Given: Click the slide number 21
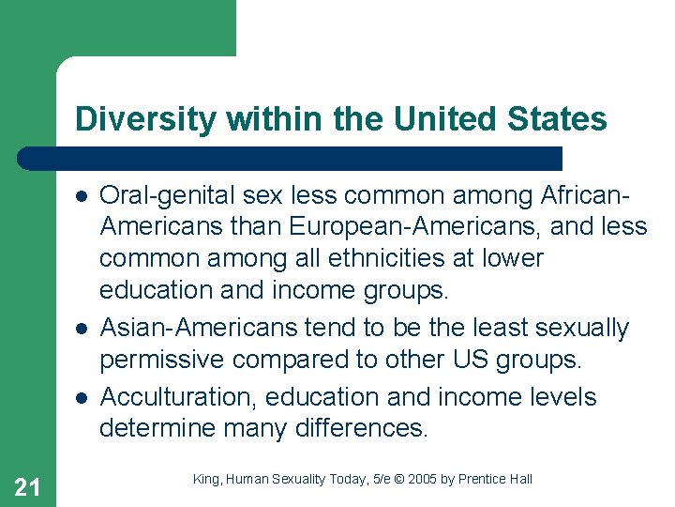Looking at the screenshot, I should (x=28, y=485).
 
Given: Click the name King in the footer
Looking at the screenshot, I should (x=206, y=479).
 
